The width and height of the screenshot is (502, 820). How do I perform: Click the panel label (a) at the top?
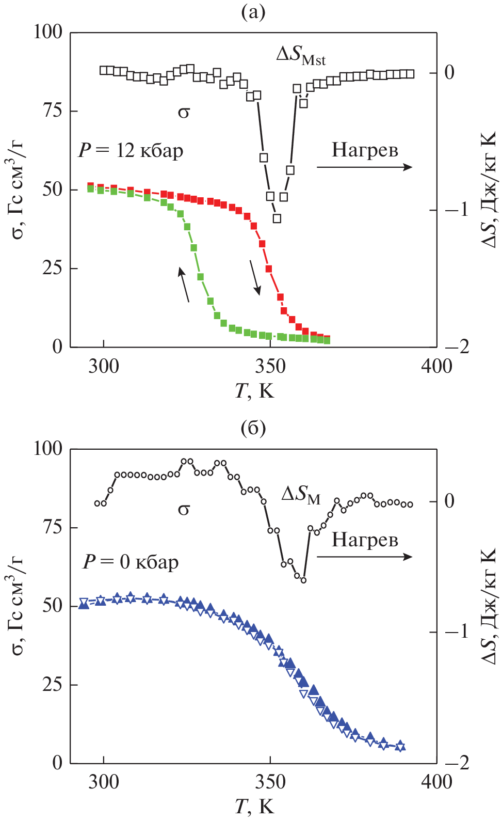coord(253,11)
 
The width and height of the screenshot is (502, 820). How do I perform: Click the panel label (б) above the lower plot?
coord(253,428)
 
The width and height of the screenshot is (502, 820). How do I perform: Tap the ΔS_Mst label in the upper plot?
coord(301,55)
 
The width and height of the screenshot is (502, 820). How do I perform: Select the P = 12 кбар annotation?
coord(131,150)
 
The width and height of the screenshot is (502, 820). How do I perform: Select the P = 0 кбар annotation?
coord(131,561)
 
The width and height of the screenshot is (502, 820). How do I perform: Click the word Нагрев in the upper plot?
coord(365,150)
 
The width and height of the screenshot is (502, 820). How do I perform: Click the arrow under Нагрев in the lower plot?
coord(364,557)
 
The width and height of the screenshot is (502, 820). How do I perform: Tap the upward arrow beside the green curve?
coord(184,284)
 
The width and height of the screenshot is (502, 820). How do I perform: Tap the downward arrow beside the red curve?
coord(255,278)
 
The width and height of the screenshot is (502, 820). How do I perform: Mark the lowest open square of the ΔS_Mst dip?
coord(277,218)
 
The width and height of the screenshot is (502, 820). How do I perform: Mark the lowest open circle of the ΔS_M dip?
coord(303,580)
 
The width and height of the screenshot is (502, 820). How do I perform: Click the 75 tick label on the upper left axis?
coord(52,111)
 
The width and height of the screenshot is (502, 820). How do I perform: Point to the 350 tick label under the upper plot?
coord(270,367)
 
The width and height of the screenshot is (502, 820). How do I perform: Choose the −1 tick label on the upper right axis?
coord(457,210)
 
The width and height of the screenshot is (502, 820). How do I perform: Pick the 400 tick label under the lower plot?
coord(436,782)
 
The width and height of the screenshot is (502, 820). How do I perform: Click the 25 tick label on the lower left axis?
coord(52,685)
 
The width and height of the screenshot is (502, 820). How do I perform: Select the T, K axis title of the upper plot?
coord(254,391)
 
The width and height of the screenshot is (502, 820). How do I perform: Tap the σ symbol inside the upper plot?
coord(184,112)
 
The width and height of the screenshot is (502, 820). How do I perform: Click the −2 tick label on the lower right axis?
coord(457,763)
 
